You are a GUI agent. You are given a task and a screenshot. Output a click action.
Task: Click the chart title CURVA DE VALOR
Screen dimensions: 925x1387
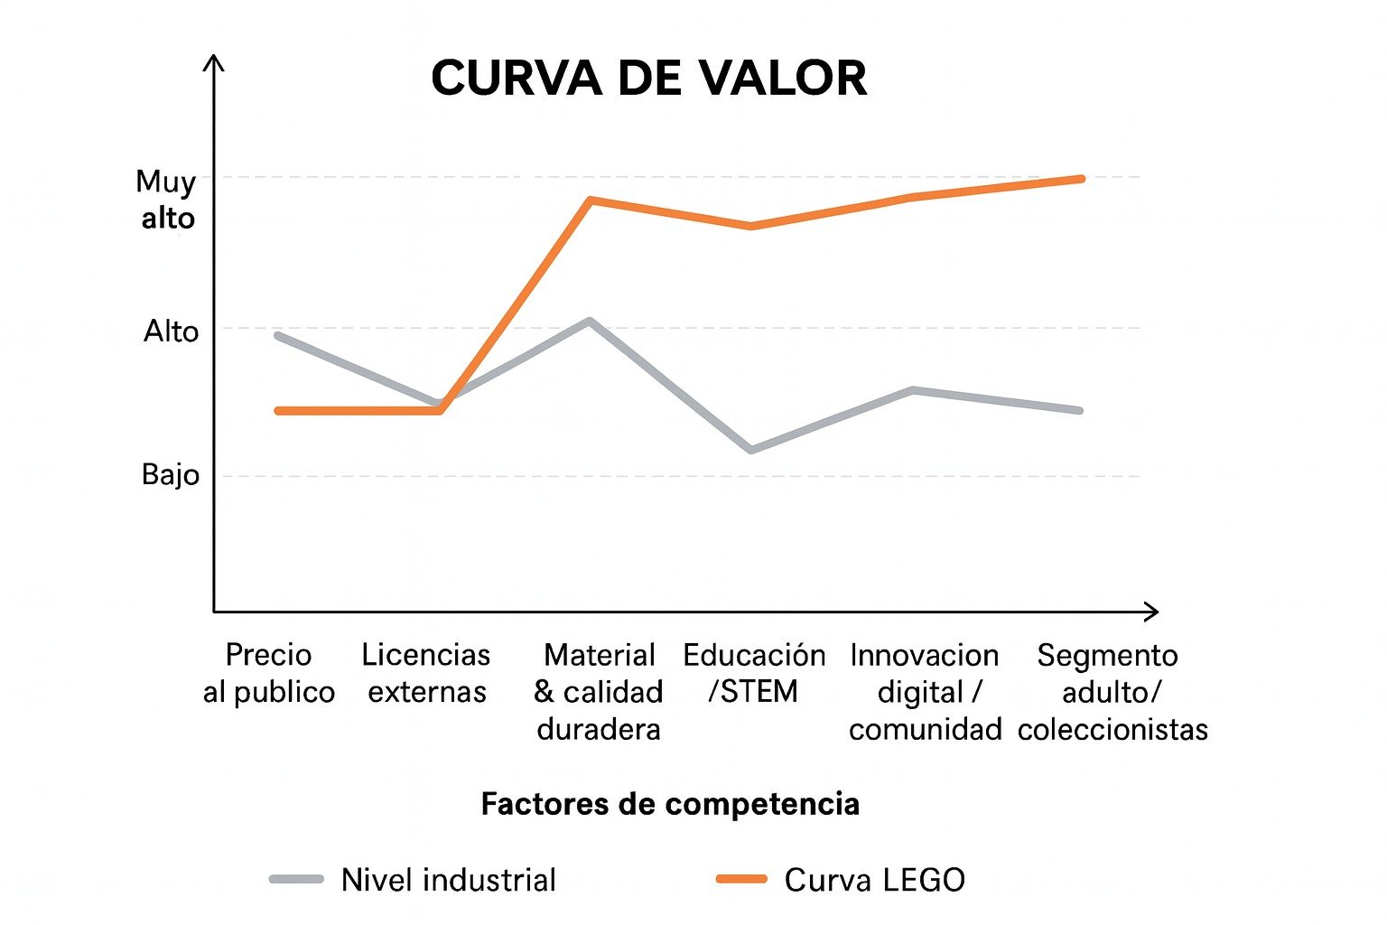[648, 79]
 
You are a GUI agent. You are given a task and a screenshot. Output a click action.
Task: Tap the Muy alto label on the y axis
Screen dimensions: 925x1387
[167, 200]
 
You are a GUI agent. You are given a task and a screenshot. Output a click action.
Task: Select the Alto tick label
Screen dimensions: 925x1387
[171, 332]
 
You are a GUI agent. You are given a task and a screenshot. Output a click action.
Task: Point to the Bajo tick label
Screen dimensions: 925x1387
[170, 474]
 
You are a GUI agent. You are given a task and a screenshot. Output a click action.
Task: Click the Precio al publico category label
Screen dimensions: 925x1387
[268, 673]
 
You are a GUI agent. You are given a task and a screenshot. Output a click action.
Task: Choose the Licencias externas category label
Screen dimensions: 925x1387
[426, 673]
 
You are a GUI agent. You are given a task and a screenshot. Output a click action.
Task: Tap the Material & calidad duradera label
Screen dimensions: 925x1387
[598, 691]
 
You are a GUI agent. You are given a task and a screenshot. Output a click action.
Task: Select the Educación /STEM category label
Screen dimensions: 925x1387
[754, 673]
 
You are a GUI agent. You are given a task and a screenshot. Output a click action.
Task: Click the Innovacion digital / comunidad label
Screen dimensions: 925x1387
[925, 691]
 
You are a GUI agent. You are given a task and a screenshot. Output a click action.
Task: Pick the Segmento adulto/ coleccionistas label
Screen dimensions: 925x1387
[1112, 691]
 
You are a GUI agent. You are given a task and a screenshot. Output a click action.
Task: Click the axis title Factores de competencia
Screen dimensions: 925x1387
[669, 803]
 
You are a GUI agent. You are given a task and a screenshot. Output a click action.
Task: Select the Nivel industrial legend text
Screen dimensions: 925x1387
[448, 880]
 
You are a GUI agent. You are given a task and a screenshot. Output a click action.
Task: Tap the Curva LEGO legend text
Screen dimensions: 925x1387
[874, 880]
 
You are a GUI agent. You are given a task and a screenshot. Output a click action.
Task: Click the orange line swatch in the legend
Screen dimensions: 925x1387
[741, 879]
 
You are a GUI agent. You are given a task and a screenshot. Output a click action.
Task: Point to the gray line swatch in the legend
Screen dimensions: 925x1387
[296, 879]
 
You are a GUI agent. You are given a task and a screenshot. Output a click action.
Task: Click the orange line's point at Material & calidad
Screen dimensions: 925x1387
[589, 200]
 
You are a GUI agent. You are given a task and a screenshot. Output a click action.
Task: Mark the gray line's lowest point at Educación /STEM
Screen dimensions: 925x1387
[750, 449]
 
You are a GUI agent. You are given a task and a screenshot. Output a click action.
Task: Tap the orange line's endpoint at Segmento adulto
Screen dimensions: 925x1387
[1081, 179]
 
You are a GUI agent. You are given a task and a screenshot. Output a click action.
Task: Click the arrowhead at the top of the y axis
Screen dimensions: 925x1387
[213, 61]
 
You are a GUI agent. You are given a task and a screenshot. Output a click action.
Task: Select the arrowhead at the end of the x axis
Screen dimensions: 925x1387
[1152, 612]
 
